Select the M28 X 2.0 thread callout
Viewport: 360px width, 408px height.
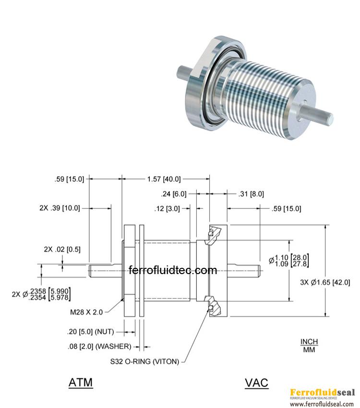point(86,312)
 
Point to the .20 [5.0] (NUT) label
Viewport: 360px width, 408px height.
point(90,332)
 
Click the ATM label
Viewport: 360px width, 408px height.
point(81,383)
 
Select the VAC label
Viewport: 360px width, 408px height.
point(256,383)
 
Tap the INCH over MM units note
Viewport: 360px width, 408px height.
point(309,346)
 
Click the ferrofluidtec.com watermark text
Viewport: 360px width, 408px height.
point(173,270)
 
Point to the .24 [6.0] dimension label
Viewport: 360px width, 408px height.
point(173,194)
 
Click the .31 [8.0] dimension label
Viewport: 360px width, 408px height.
point(251,194)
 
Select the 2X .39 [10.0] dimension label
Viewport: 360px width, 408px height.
point(60,208)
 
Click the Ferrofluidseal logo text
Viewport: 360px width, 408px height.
point(322,392)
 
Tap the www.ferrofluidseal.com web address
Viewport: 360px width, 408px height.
point(322,404)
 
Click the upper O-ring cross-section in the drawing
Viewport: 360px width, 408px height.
point(210,233)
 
